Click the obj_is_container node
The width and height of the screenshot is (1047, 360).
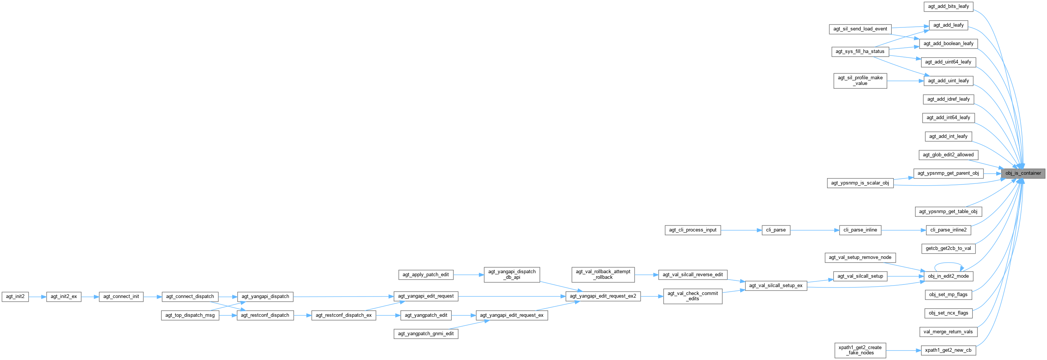(x=1023, y=173)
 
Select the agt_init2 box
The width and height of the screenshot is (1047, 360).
(x=15, y=296)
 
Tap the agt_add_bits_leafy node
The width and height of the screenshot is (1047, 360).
(x=948, y=6)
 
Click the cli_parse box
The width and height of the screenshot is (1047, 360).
(x=776, y=230)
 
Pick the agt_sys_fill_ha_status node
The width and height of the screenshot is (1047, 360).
(x=860, y=51)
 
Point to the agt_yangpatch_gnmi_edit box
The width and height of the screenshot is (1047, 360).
(x=426, y=334)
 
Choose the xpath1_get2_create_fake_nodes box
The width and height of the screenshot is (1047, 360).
(x=861, y=350)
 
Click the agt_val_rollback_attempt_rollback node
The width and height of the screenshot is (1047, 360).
(x=603, y=274)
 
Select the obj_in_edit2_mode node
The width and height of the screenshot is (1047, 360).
(x=948, y=276)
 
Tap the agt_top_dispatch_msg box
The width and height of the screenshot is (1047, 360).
(x=190, y=315)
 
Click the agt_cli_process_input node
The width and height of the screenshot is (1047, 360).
(x=692, y=230)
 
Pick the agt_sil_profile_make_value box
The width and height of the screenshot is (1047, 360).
(x=860, y=80)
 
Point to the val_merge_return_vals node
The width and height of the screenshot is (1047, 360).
(x=948, y=331)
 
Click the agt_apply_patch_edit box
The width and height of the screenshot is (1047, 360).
(x=426, y=275)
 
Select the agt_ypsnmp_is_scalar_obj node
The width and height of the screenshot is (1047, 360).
(x=860, y=183)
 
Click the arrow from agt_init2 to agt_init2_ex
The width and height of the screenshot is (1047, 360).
(x=37, y=296)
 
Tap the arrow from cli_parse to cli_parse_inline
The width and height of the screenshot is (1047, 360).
(x=815, y=230)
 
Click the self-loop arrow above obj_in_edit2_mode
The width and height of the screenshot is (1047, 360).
(x=949, y=264)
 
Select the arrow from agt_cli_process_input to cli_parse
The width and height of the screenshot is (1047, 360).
(x=741, y=230)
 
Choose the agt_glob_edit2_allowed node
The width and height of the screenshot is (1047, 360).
(x=948, y=155)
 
